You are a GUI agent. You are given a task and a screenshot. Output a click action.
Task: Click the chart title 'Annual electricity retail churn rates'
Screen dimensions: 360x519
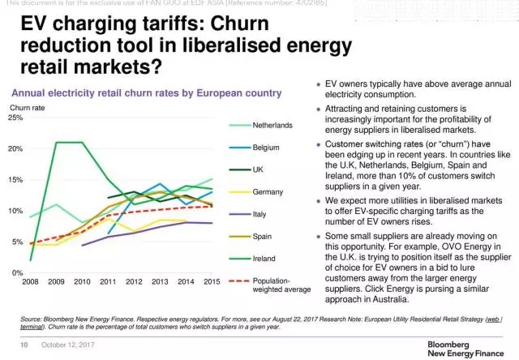pyautogui.click(x=146, y=93)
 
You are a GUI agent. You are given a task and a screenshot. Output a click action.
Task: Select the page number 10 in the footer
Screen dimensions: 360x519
pyautogui.click(x=25, y=345)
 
